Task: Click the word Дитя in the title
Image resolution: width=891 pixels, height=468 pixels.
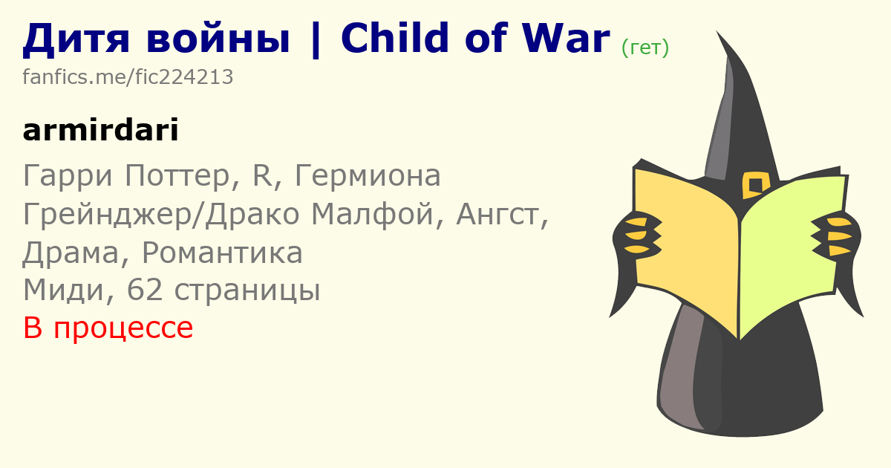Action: tap(76, 39)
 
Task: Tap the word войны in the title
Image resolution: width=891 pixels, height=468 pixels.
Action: tap(218, 39)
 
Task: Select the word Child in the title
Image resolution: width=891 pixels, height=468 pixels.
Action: tap(395, 37)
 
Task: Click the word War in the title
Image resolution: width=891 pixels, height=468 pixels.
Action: tap(566, 38)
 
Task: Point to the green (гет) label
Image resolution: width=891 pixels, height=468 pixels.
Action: tap(645, 48)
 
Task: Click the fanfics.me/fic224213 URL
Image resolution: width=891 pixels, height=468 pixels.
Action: tap(128, 77)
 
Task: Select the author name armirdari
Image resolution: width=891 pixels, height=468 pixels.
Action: tap(101, 130)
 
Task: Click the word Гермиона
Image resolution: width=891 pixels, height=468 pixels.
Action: tap(368, 175)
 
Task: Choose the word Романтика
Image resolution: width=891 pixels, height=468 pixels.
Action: tap(222, 253)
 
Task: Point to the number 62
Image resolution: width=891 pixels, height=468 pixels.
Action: tap(145, 290)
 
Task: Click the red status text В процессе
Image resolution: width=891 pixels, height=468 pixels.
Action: tap(108, 328)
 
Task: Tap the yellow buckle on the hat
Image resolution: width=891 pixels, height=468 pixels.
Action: tap(756, 185)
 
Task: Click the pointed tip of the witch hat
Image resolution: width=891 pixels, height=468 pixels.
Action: tap(717, 32)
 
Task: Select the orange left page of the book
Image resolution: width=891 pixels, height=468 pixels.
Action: tap(686, 249)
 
